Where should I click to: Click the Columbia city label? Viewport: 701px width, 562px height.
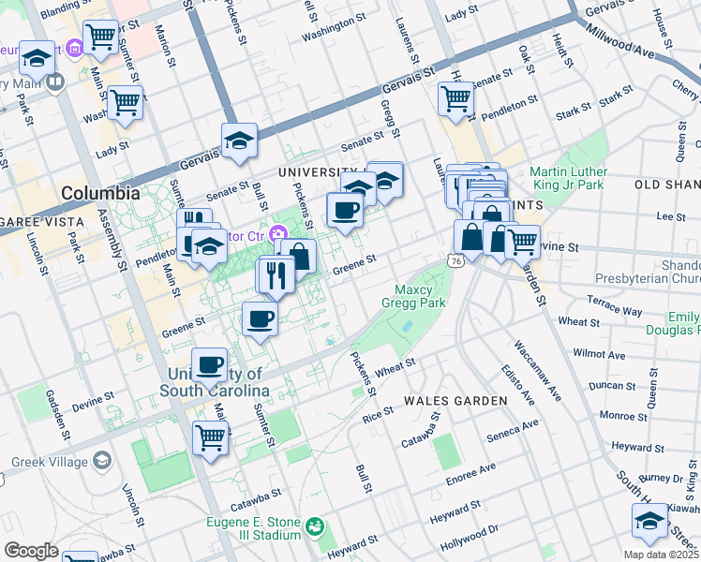[x=100, y=194]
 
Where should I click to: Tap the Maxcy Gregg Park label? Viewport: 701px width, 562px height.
[x=412, y=296]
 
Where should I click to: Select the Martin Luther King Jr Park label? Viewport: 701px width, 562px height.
[x=568, y=179]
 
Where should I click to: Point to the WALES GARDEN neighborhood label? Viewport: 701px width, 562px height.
[x=455, y=401]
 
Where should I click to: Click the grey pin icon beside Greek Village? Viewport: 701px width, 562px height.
[x=102, y=462]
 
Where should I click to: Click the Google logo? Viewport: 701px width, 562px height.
[x=31, y=551]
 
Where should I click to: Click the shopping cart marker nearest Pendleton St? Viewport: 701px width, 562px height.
[x=455, y=98]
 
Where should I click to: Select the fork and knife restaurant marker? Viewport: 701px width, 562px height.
[x=276, y=274]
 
